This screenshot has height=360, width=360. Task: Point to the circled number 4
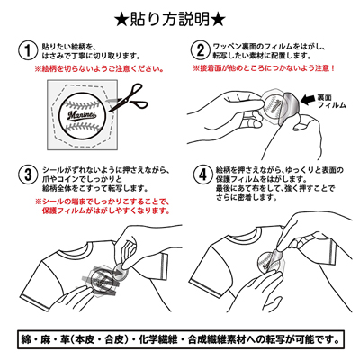(x=201, y=171)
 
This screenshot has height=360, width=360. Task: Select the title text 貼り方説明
(x=180, y=16)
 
